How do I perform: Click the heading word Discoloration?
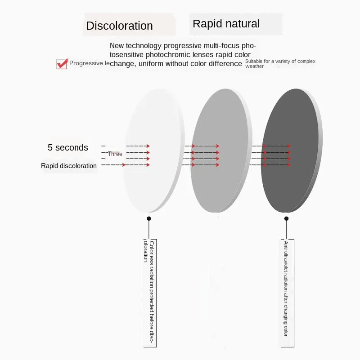click(x=119, y=26)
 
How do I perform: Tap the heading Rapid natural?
click(x=226, y=24)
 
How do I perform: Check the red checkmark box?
click(x=62, y=64)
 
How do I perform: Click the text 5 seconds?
click(x=68, y=147)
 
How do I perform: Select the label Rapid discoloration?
click(x=69, y=166)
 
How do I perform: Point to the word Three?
click(x=115, y=154)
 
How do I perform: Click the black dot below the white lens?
click(x=149, y=218)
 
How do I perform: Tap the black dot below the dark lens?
click(x=286, y=218)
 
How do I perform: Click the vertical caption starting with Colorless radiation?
click(x=149, y=292)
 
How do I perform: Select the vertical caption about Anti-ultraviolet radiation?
click(x=286, y=288)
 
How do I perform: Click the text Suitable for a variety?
click(x=280, y=61)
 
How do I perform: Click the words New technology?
click(x=136, y=45)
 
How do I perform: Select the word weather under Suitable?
click(x=255, y=67)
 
